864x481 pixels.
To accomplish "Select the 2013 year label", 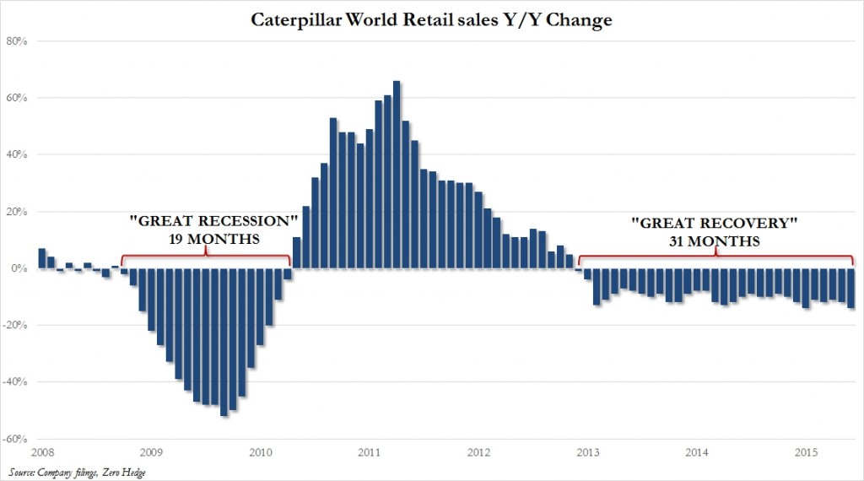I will point(589,453).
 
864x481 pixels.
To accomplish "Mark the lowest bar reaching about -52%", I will point(224,342).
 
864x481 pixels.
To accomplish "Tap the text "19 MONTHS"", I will point(215,240).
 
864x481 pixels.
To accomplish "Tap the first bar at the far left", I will point(41,258).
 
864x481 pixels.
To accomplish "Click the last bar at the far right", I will point(850,288).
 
